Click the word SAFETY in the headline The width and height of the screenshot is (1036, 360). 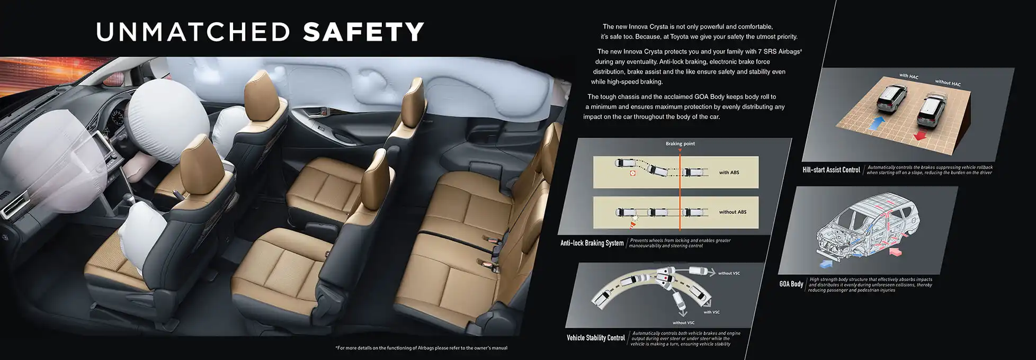[363, 32]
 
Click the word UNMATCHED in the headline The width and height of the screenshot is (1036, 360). [193, 32]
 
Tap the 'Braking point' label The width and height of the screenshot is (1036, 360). [680, 143]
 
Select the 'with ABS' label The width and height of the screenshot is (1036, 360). [729, 173]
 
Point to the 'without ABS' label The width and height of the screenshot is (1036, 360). [733, 212]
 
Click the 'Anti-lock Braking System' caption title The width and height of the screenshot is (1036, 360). [592, 243]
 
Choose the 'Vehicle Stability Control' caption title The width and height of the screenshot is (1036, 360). [596, 338]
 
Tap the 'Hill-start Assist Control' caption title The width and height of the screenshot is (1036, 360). [831, 170]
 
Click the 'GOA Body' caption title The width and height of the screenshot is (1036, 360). [791, 284]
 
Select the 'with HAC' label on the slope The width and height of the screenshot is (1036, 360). [909, 76]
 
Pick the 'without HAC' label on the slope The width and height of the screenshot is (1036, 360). [948, 83]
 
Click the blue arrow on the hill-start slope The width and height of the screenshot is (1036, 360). [877, 123]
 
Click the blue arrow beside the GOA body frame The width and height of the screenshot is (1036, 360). [826, 262]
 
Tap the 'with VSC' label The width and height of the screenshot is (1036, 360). [711, 312]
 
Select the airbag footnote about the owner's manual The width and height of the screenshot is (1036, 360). [422, 348]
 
